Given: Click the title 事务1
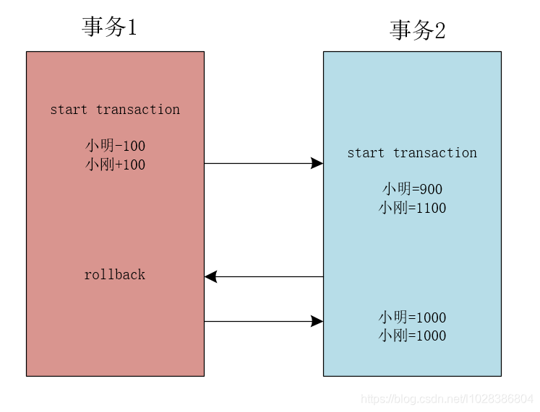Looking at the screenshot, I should pyautogui.click(x=109, y=27).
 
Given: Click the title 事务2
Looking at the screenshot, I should pyautogui.click(x=417, y=30).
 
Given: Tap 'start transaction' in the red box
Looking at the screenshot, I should pyautogui.click(x=115, y=110).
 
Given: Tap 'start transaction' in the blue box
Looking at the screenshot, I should pyautogui.click(x=412, y=153).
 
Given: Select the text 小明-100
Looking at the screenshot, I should pyautogui.click(x=115, y=146).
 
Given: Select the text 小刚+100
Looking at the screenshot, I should pyautogui.click(x=115, y=165).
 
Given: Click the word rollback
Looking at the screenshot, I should pyautogui.click(x=115, y=275).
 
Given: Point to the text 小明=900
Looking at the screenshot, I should pyautogui.click(x=412, y=189).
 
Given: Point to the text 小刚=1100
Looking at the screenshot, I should pyautogui.click(x=412, y=208).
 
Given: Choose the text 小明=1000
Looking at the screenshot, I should pyautogui.click(x=412, y=317).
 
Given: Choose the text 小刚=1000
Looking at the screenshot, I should pyautogui.click(x=412, y=336).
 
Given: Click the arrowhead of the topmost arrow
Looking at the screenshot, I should pyautogui.click(x=317, y=164).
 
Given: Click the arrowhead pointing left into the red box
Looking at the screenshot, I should pyautogui.click(x=211, y=276).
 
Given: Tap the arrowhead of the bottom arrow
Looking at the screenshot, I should pyautogui.click(x=317, y=321).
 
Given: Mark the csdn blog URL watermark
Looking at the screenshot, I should pyautogui.click(x=447, y=399).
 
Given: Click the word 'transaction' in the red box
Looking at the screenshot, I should pyautogui.click(x=138, y=110).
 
